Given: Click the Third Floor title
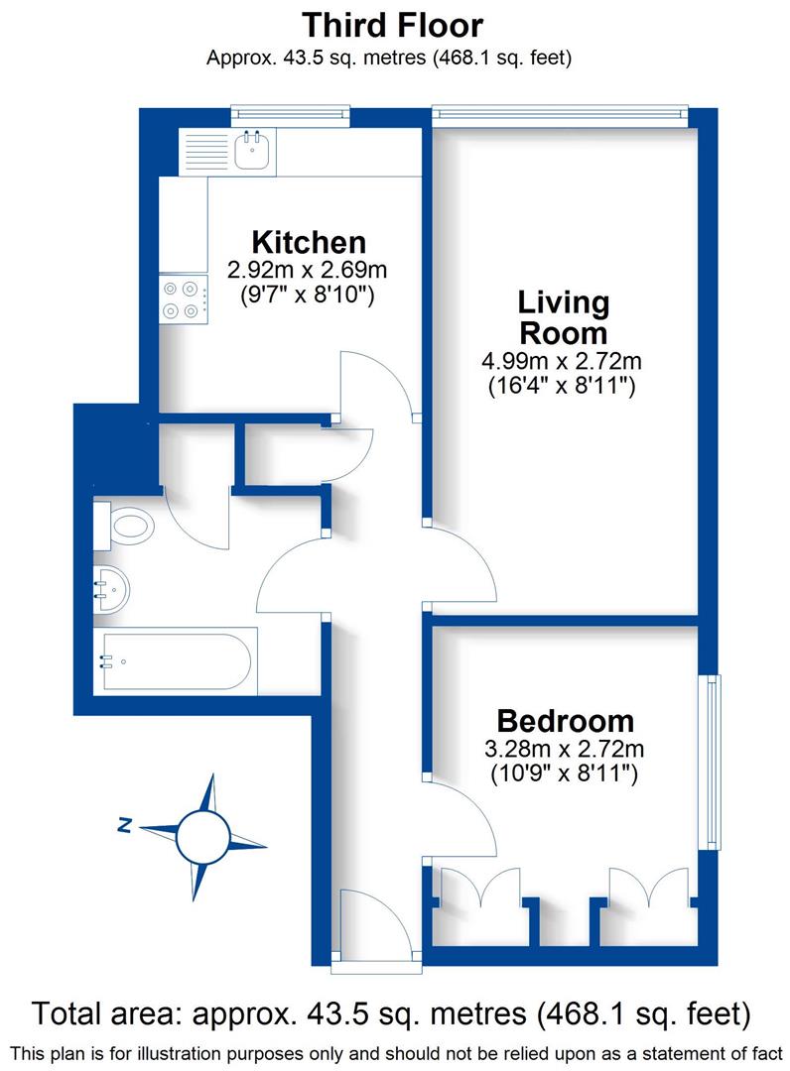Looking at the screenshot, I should point(393,24).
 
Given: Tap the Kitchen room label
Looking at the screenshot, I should point(309,241).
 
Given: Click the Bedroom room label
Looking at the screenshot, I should point(565,721).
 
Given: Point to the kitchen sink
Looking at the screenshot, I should point(252,151).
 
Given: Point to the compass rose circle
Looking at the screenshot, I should point(203,836).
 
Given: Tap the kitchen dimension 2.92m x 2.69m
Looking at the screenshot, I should point(307,270).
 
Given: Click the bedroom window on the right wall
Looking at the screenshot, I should point(711,762).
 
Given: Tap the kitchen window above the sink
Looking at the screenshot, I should point(290,116).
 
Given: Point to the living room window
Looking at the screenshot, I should point(560,116).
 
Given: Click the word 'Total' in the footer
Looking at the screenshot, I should point(72,1013).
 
